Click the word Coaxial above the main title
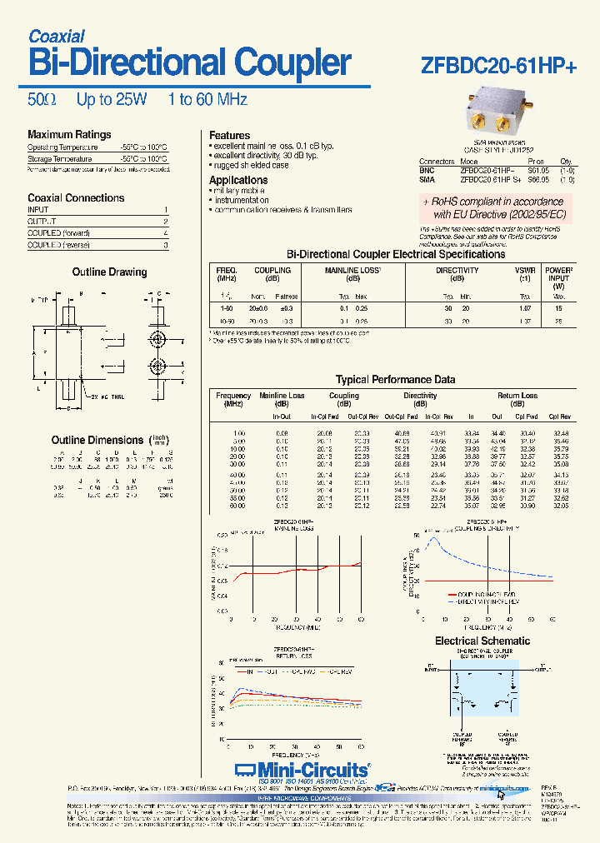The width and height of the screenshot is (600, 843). tap(57, 36)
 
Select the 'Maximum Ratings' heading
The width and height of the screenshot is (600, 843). tap(69, 135)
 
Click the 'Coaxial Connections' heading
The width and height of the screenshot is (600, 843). tap(76, 198)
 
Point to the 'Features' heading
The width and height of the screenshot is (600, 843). tap(229, 136)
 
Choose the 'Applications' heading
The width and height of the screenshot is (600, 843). tap(238, 181)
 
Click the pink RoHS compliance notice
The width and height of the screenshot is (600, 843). tap(492, 208)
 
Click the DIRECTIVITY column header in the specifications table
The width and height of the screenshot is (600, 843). tap(457, 271)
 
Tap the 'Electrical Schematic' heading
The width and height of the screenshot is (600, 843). tap(482, 641)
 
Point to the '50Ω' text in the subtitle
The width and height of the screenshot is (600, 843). tap(42, 100)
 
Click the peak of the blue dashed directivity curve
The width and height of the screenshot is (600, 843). tap(432, 539)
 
